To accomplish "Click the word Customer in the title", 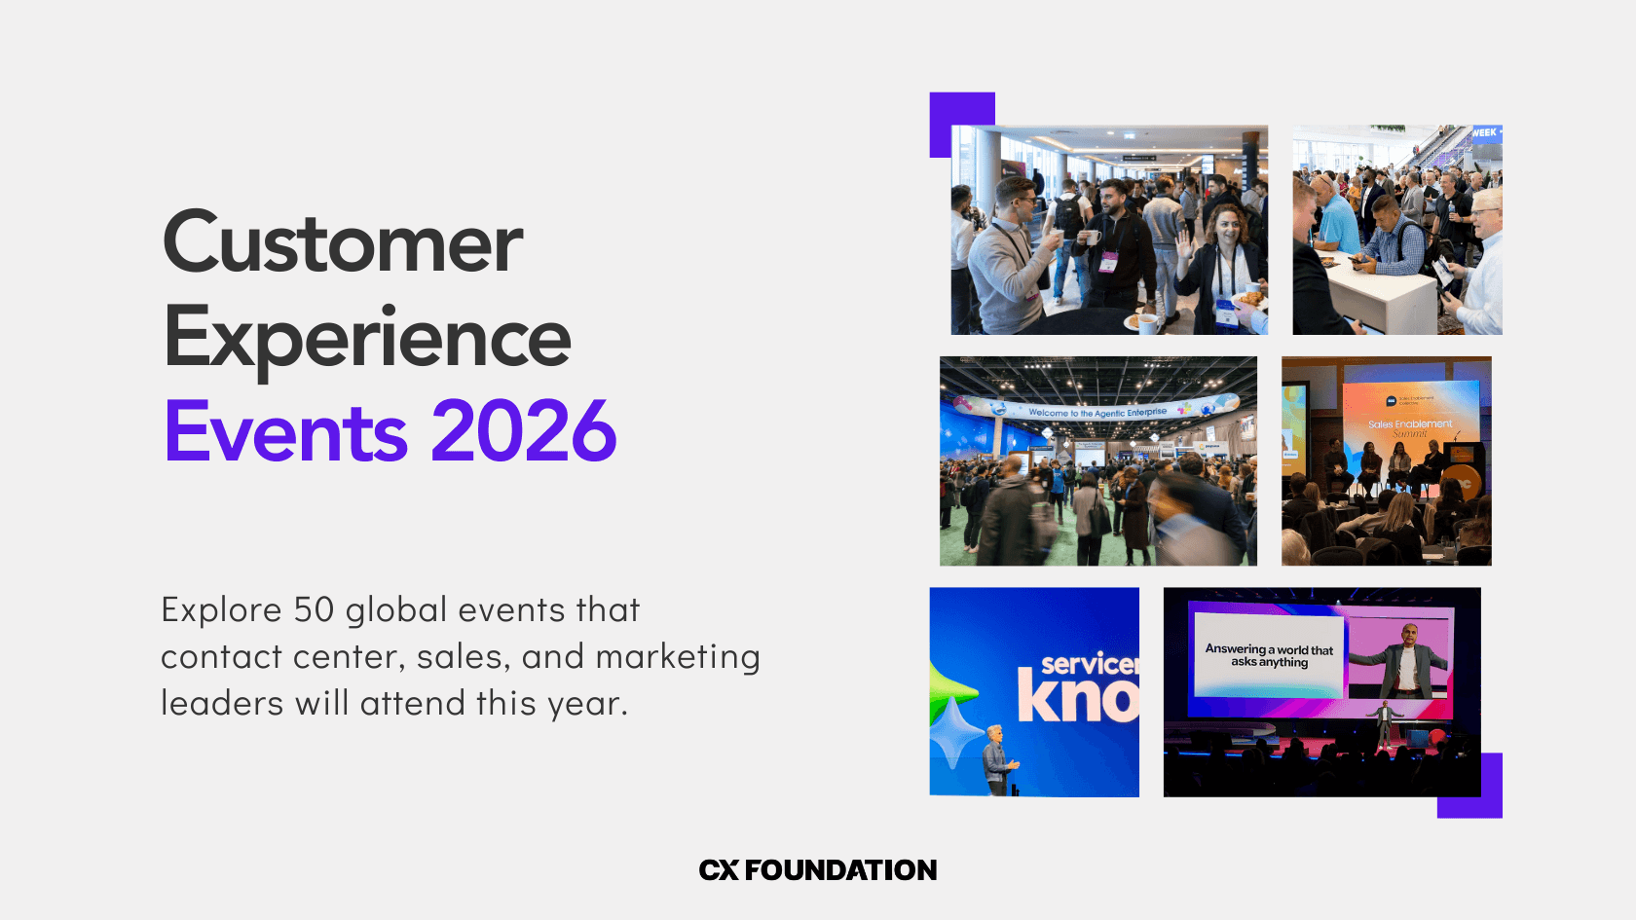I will click(343, 243).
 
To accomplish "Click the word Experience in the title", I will click(367, 339).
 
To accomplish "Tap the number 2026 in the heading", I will click(524, 431).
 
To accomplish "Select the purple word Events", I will click(286, 431).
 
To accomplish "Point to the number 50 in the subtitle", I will click(314, 610).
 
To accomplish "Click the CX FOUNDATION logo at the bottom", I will click(818, 870).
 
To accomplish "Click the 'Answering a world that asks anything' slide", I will click(1268, 655).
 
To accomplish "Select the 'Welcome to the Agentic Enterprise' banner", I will click(1097, 412).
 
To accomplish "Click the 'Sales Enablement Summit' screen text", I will click(1410, 425).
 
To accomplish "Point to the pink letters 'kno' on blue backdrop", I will click(1077, 697).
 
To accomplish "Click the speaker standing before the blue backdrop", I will click(997, 760).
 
